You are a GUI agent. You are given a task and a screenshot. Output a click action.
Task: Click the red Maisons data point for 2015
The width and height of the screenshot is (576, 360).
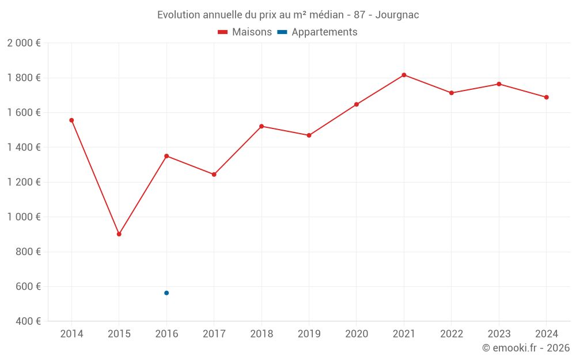119,234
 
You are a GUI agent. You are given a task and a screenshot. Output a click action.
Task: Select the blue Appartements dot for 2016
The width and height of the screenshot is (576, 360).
166,293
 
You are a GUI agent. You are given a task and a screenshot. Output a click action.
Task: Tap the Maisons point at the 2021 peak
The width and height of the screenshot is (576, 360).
404,75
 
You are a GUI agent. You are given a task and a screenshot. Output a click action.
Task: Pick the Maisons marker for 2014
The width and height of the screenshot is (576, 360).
71,120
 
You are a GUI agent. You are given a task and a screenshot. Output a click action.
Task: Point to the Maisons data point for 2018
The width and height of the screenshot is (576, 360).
262,126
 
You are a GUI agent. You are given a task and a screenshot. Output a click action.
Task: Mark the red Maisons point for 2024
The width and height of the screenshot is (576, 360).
546,97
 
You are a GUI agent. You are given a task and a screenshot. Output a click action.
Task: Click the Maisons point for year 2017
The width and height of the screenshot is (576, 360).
214,175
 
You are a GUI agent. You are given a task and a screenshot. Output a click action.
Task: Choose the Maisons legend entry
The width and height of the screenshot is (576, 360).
245,32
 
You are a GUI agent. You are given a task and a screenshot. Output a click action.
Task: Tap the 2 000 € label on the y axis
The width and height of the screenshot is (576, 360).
24,43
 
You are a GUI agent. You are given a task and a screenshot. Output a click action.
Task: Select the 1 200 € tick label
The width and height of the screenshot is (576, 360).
24,182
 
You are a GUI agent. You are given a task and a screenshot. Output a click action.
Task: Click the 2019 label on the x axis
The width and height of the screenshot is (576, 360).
309,334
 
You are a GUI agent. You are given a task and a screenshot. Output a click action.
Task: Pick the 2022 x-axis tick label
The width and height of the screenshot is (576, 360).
452,334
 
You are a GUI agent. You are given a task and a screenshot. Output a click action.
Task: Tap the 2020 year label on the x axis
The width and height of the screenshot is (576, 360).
357,334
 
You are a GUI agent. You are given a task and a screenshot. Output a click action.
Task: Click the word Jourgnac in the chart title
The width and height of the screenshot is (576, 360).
397,14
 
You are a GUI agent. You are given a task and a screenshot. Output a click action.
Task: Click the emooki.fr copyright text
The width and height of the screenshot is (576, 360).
526,348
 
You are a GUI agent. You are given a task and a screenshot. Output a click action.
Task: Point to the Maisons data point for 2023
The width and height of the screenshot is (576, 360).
499,84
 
